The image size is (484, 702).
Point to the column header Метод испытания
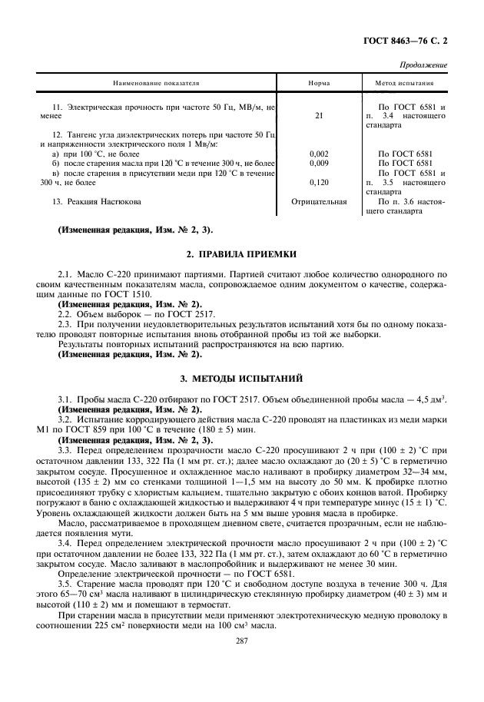pos(404,83)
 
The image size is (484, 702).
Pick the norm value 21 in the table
pos(319,116)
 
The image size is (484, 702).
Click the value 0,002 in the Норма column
pos(319,154)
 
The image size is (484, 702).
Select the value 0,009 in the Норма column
pos(319,164)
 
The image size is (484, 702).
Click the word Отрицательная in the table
pos(319,202)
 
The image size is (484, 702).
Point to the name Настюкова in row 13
pos(114,202)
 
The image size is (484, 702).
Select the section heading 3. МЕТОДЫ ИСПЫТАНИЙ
pos(242,379)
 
